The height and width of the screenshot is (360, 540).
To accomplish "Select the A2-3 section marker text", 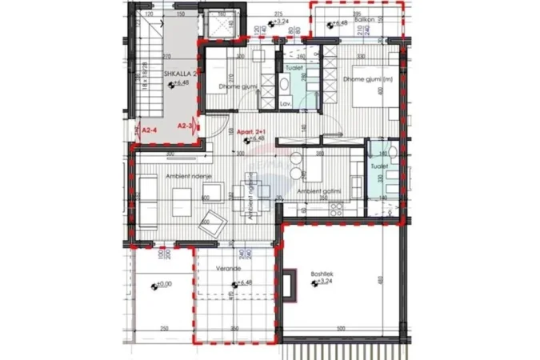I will click(184, 126).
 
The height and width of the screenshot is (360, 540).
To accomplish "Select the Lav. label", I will click(285, 105).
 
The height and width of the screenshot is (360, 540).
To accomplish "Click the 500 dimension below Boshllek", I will click(341, 329).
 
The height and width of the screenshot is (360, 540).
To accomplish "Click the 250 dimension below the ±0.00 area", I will click(163, 329).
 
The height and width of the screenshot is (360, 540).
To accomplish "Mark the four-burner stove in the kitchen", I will click(334, 210).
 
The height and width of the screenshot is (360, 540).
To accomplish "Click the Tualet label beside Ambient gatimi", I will click(378, 166).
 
